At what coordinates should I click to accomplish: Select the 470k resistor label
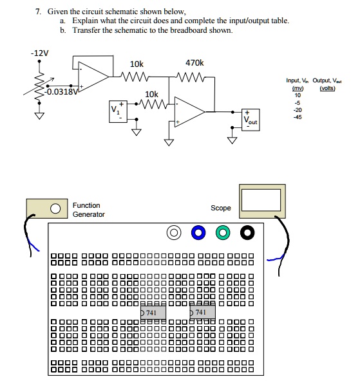click(194, 63)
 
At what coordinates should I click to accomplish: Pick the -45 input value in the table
click(297, 117)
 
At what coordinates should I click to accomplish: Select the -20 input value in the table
click(297, 109)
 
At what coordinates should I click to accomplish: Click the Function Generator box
click(47, 208)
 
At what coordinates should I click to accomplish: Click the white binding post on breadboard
click(173, 232)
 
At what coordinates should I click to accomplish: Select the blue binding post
click(198, 232)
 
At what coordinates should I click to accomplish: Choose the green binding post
click(223, 232)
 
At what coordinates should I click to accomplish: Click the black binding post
click(247, 232)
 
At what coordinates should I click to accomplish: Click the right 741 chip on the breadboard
click(202, 313)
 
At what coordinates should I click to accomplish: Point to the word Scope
click(220, 208)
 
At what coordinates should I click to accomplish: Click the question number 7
click(38, 12)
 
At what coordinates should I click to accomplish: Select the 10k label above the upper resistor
click(137, 64)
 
